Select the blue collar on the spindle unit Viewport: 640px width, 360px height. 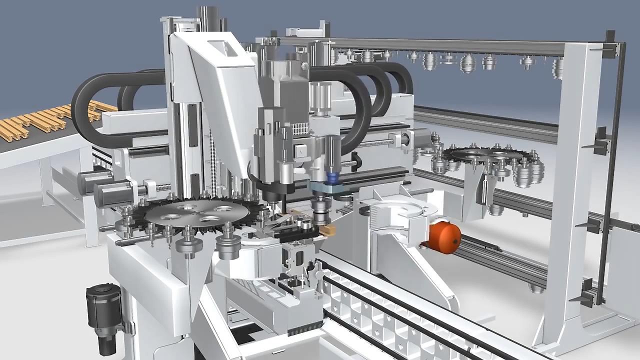tap(330, 177)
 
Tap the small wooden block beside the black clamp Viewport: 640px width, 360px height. tap(329, 230)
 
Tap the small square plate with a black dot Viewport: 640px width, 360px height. tap(300, 149)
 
